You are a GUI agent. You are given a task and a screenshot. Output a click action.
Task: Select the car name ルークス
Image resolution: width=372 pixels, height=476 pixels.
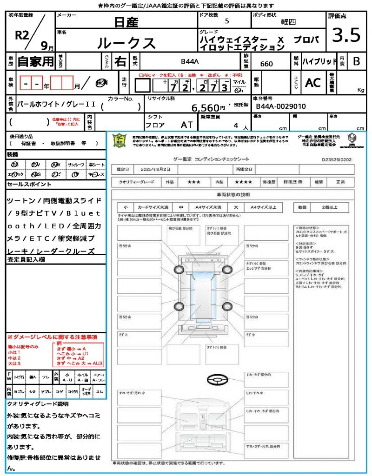[126, 43]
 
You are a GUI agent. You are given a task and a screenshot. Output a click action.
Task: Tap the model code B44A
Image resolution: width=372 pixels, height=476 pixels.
[190, 61]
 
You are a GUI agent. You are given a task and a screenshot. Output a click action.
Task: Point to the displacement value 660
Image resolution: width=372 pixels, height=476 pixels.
[266, 64]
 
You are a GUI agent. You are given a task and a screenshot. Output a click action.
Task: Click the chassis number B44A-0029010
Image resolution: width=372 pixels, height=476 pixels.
[281, 106]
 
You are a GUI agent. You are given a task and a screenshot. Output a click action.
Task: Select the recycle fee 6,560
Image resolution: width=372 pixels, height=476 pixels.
[205, 108]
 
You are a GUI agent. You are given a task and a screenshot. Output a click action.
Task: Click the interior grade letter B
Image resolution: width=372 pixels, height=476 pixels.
[356, 61]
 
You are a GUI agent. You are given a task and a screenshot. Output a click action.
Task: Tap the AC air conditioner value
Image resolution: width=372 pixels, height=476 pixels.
[313, 82]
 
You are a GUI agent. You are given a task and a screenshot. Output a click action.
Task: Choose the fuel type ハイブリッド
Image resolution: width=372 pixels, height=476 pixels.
[319, 61]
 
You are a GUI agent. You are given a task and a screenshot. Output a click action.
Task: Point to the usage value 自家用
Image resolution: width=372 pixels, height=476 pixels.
[36, 61]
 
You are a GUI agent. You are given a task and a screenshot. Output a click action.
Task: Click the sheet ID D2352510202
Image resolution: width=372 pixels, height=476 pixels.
[343, 159]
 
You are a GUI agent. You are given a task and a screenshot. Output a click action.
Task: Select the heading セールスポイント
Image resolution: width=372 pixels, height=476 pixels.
[29, 185]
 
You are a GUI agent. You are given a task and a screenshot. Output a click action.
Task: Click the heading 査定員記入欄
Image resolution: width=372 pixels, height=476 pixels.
[26, 260]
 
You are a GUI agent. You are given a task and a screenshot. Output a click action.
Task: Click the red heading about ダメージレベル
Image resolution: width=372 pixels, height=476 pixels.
[52, 337]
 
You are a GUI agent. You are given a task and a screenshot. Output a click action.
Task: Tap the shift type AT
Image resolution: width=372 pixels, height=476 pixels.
[186, 125]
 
